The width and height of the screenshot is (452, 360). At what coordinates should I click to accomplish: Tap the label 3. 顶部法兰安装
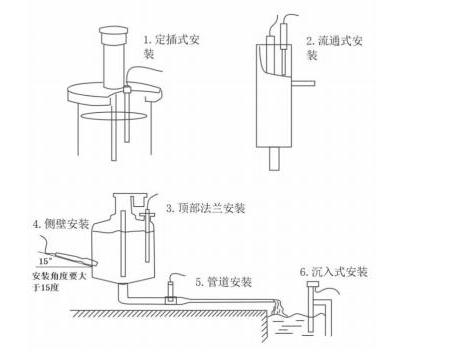click(x=204, y=208)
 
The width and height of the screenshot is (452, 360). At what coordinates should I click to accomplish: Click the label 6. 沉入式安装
click(x=333, y=271)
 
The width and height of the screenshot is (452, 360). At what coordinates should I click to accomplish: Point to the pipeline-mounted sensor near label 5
click(x=171, y=291)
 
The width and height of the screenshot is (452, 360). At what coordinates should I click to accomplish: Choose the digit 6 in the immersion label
click(x=302, y=271)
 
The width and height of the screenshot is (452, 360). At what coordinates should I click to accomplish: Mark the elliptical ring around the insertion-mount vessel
click(x=109, y=118)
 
